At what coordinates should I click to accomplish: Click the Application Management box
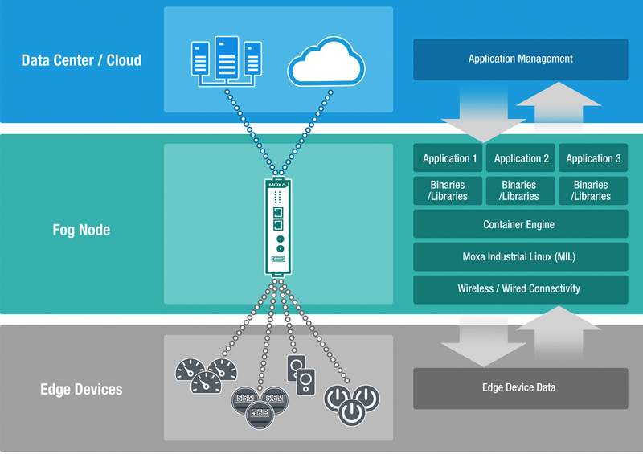point(520,59)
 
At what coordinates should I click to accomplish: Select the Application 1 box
point(449,158)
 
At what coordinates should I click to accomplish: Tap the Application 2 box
point(521,158)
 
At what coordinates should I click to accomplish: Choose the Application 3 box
point(593,158)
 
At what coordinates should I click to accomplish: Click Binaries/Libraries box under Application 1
point(449,190)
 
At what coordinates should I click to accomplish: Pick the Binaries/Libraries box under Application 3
point(593,190)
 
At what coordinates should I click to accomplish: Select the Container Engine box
point(520,224)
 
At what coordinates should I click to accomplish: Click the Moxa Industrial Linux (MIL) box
point(520,257)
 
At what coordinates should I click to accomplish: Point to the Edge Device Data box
point(520,388)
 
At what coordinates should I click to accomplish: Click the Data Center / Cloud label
point(81,60)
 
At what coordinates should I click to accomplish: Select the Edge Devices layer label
point(81,390)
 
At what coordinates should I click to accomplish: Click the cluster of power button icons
point(350,402)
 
